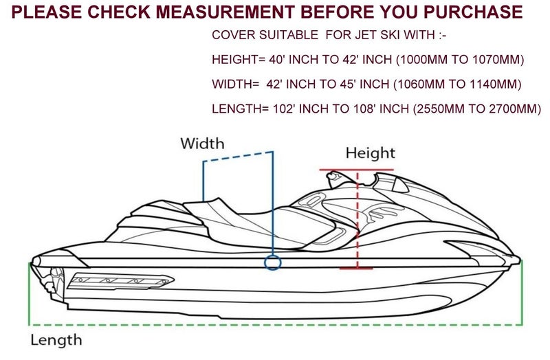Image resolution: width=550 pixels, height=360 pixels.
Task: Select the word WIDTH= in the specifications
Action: coord(234,84)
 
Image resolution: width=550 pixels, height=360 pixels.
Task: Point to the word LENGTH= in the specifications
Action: coord(238,108)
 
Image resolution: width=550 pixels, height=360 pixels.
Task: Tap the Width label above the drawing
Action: coord(202,144)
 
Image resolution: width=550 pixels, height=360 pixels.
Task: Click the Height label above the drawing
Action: coord(371,153)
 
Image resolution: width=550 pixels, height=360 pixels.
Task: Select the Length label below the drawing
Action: coord(56,339)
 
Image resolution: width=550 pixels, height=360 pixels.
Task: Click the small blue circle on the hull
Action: coord(272,263)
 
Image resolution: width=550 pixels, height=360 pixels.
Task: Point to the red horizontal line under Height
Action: coord(357,170)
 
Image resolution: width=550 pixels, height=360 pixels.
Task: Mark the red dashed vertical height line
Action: coord(358,220)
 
